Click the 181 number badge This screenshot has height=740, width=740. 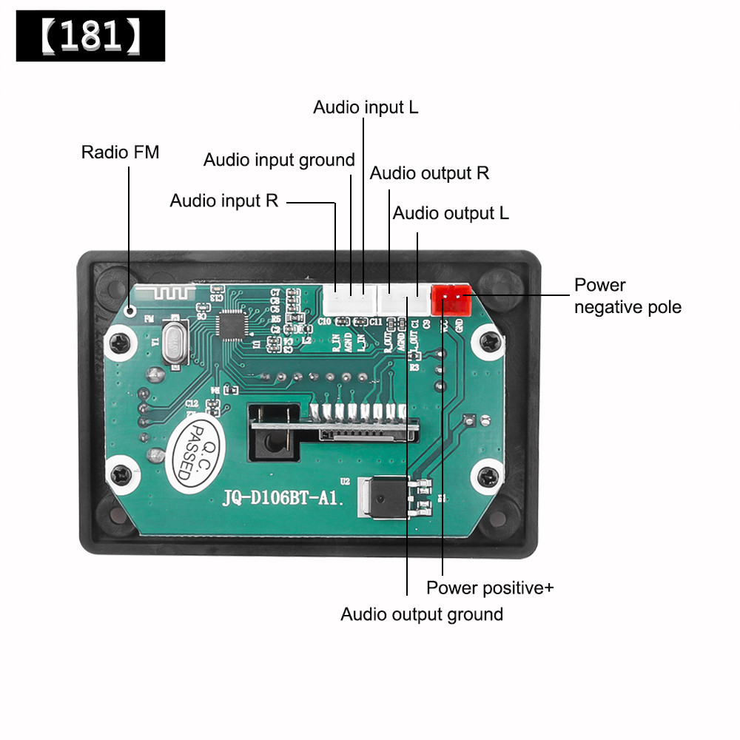pyautogui.click(x=90, y=36)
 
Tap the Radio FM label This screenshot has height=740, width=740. pyautogui.click(x=120, y=152)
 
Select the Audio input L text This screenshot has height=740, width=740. pyautogui.click(x=366, y=107)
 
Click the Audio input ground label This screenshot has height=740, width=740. pyautogui.click(x=279, y=160)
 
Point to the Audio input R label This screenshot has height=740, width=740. pyautogui.click(x=224, y=201)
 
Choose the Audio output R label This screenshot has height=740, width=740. pyautogui.click(x=429, y=173)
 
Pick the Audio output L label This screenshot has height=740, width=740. pyautogui.click(x=451, y=213)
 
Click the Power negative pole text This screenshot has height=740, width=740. pyautogui.click(x=628, y=296)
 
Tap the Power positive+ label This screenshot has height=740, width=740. pyautogui.click(x=490, y=588)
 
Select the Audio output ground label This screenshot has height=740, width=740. pyautogui.click(x=422, y=614)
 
